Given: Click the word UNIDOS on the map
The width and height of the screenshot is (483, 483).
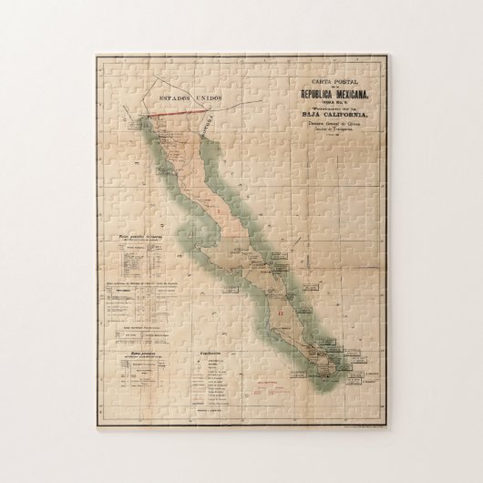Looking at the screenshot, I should tap(213, 97).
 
